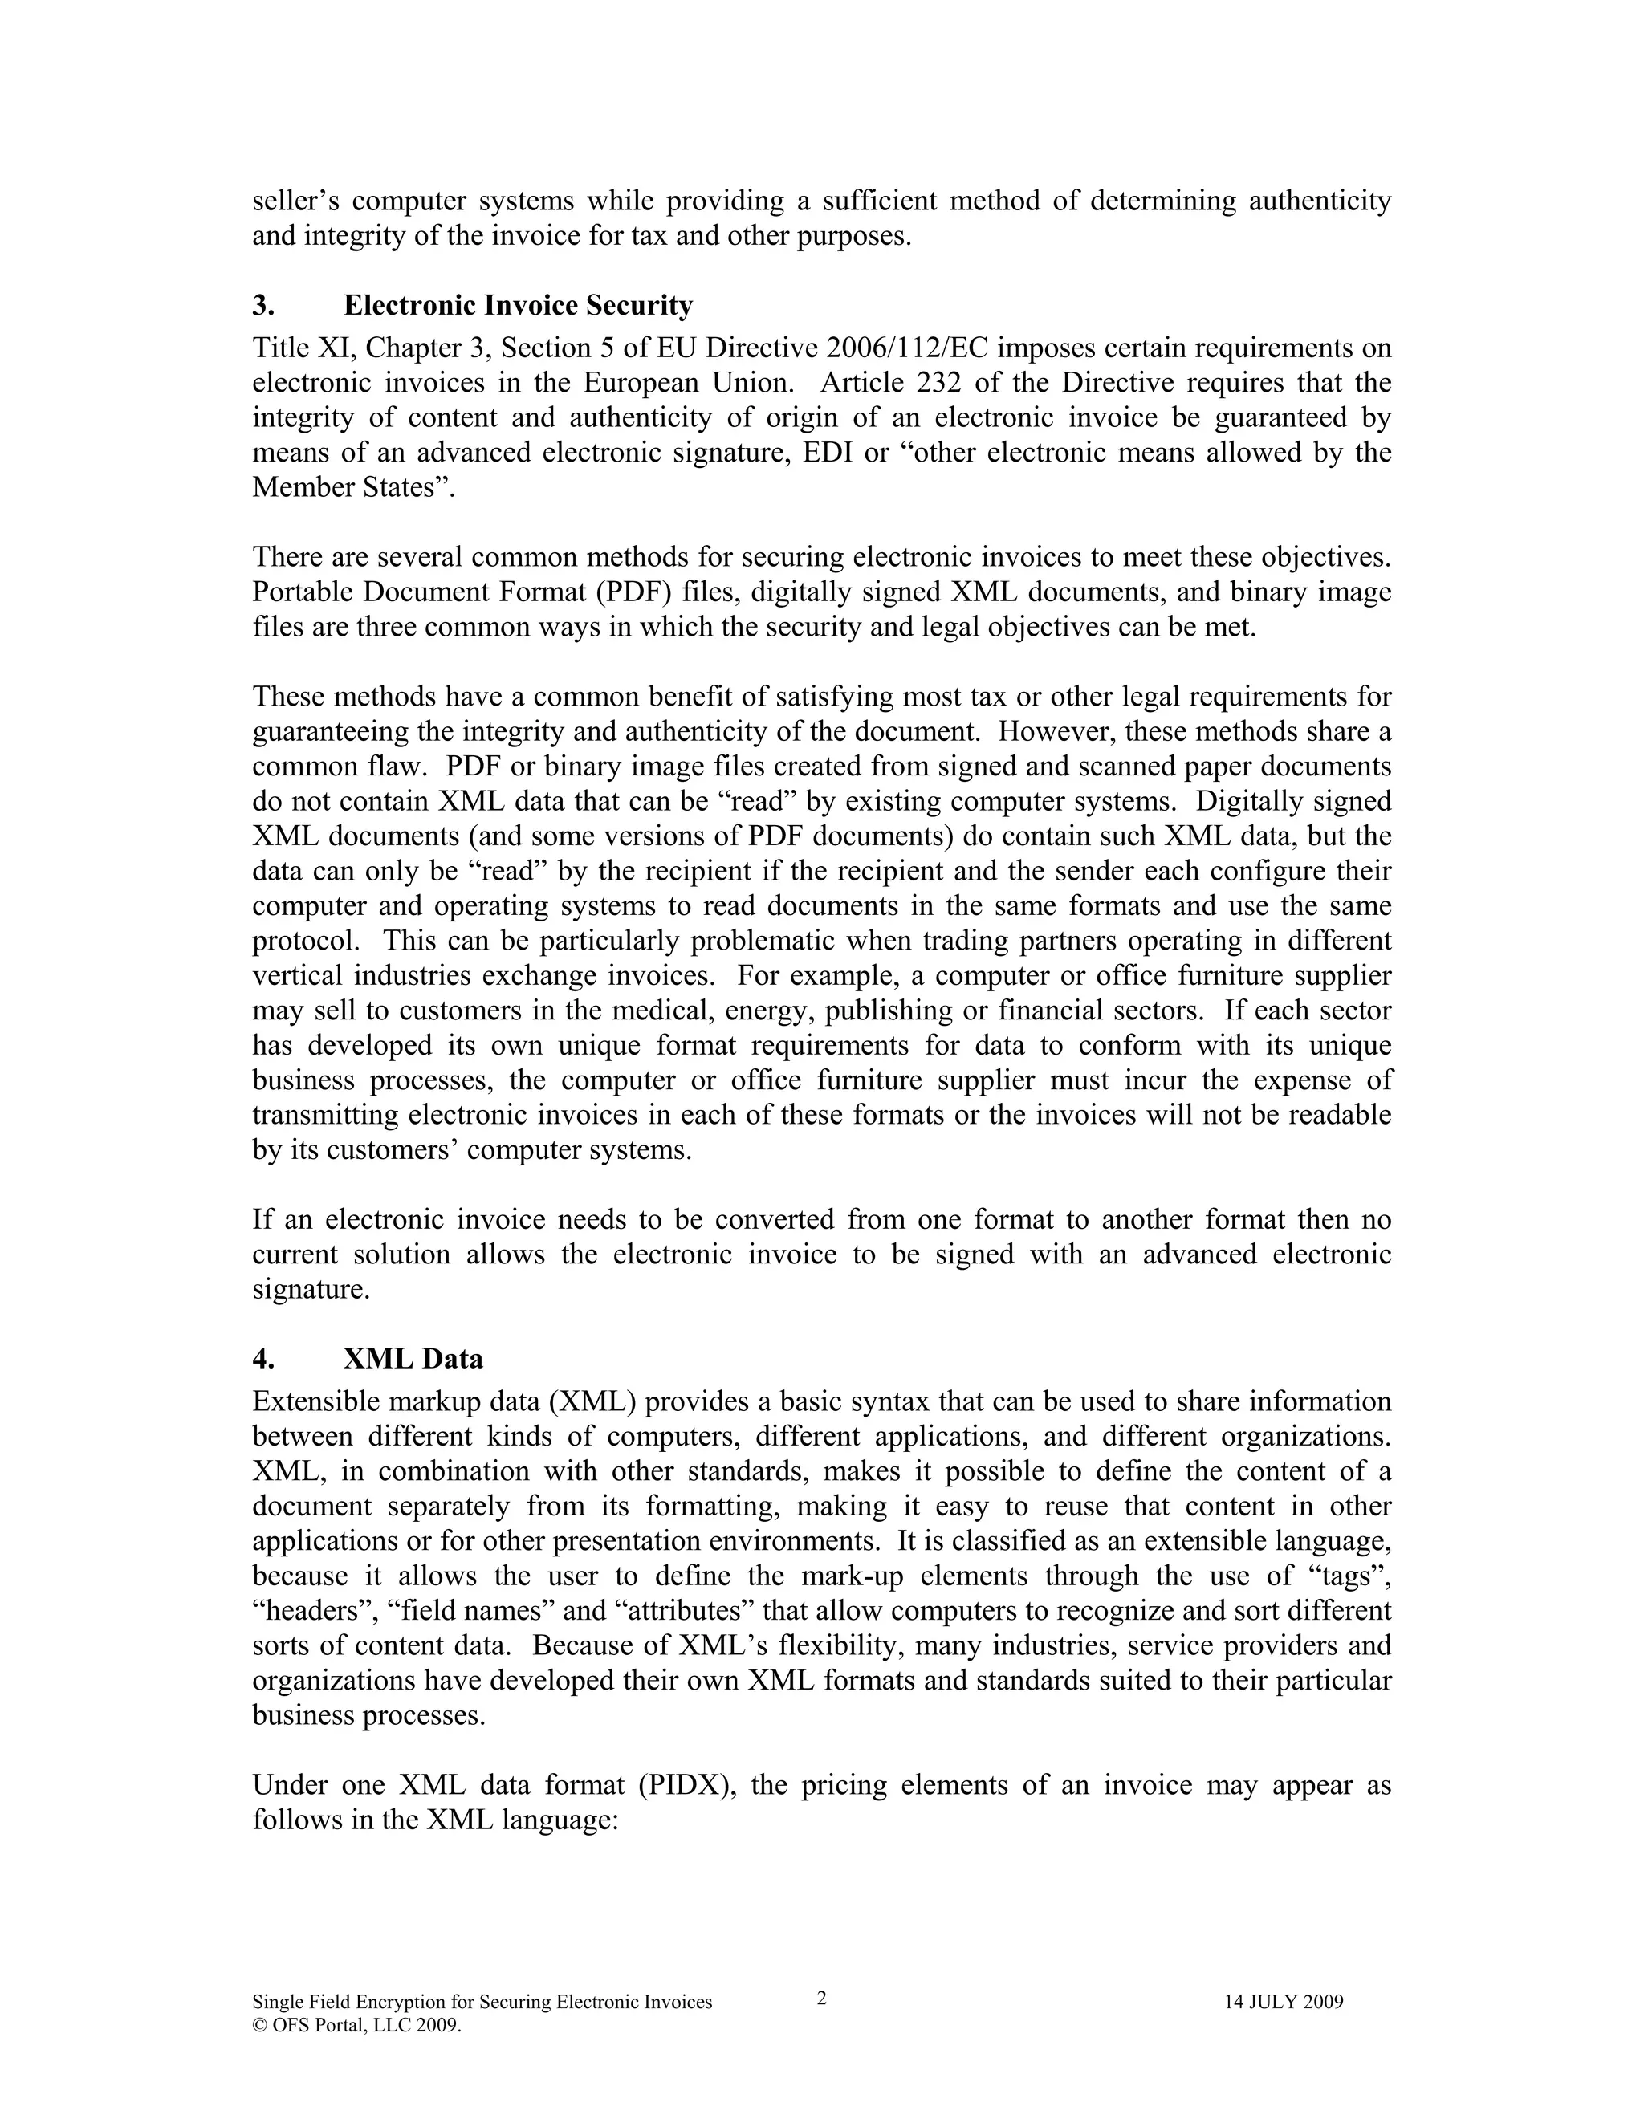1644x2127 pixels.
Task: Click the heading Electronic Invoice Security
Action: [518, 306]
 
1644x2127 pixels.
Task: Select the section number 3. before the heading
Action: [263, 306]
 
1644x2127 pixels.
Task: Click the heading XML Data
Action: [413, 1359]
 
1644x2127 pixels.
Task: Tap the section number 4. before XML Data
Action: [263, 1359]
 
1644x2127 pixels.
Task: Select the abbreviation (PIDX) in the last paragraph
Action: [686, 1785]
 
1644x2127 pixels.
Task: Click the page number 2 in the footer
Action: [821, 1999]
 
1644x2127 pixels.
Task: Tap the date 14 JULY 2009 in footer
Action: [1284, 2003]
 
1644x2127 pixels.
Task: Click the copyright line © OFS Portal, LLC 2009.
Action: [356, 2026]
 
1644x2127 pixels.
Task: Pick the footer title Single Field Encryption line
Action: [482, 2003]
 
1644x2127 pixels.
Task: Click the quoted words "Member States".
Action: [355, 487]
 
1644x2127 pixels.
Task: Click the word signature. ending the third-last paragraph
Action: [311, 1290]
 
